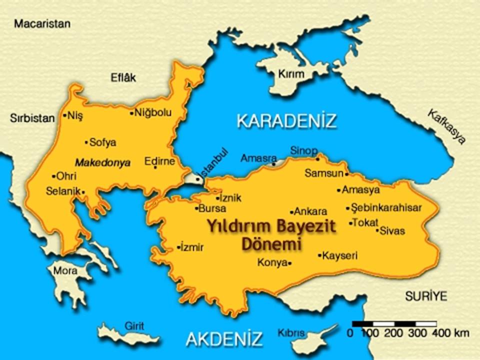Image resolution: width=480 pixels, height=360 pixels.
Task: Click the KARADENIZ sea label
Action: pyautogui.click(x=286, y=121)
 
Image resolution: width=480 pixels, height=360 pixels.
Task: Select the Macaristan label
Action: pyautogui.click(x=42, y=23)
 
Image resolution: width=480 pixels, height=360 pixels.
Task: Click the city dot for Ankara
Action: pyautogui.click(x=292, y=212)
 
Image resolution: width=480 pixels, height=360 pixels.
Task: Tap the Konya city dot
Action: pyautogui.click(x=290, y=263)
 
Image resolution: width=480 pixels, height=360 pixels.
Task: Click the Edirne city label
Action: pyautogui.click(x=159, y=161)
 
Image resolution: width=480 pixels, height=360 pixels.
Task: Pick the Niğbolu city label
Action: pyautogui.click(x=153, y=113)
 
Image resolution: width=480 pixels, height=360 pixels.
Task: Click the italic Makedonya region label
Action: pyautogui.click(x=102, y=163)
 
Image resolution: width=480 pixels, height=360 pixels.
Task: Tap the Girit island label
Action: pyautogui.click(x=134, y=326)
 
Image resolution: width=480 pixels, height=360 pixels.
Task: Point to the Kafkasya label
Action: pyautogui.click(x=446, y=127)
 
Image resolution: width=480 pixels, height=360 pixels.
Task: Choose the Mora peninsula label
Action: pyautogui.click(x=65, y=271)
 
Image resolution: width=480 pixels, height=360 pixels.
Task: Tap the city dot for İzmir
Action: pyautogui.click(x=178, y=247)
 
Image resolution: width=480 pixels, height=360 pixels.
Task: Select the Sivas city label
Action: pyautogui.click(x=392, y=231)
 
